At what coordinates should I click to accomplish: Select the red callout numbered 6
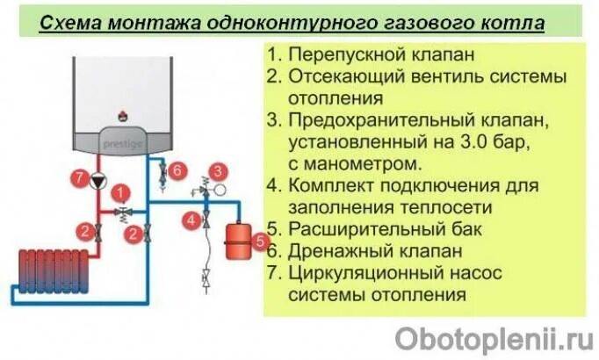click(x=177, y=169)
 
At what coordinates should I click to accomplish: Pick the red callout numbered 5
click(x=259, y=239)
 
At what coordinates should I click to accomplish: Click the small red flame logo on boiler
click(x=120, y=114)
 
